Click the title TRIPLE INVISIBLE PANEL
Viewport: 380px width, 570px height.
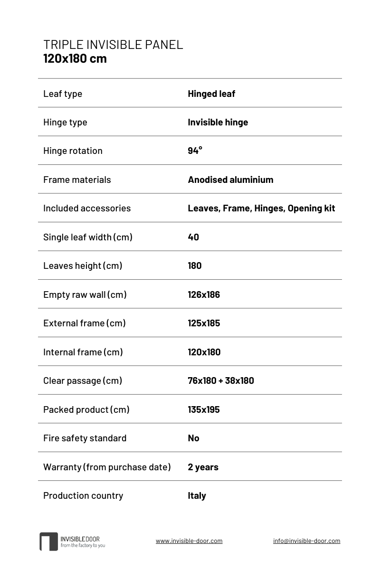(113, 45)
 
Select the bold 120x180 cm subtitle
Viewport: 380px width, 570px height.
(75, 59)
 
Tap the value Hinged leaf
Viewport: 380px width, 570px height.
(211, 94)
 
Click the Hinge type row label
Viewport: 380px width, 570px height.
(65, 122)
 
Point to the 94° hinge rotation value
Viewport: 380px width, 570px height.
(195, 151)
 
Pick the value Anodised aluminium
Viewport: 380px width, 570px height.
(230, 180)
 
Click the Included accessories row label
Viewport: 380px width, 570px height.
(87, 208)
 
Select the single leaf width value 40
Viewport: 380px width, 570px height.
(193, 237)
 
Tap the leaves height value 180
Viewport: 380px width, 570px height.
(195, 266)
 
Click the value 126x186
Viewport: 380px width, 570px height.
(204, 294)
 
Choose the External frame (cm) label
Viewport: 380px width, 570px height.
(85, 323)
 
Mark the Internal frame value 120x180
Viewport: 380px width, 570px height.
(204, 352)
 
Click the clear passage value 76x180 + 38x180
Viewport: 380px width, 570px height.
(221, 380)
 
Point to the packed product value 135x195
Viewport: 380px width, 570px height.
(204, 409)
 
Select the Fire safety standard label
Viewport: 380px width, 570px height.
(85, 438)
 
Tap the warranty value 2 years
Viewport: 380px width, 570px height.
(203, 467)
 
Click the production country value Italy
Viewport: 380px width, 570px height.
(197, 495)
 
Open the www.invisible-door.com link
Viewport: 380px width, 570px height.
(189, 541)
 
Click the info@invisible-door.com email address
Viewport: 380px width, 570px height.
(306, 541)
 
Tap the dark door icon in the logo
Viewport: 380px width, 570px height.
(48, 541)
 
